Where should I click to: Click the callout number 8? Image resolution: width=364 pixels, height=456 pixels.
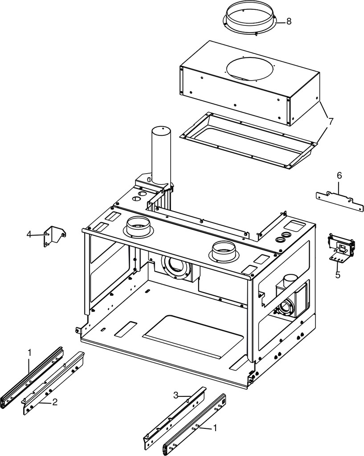[289, 21]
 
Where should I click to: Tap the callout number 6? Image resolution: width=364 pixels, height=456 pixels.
[339, 175]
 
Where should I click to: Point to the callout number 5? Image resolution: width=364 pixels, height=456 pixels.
[338, 274]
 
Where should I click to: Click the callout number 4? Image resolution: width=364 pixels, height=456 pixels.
[29, 234]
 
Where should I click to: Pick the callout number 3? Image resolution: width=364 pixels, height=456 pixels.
[176, 395]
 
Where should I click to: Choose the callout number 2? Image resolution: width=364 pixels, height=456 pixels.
[54, 402]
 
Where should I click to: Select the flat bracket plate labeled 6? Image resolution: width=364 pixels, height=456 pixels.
[340, 201]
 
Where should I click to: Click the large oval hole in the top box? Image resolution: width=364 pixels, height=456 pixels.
[249, 68]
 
